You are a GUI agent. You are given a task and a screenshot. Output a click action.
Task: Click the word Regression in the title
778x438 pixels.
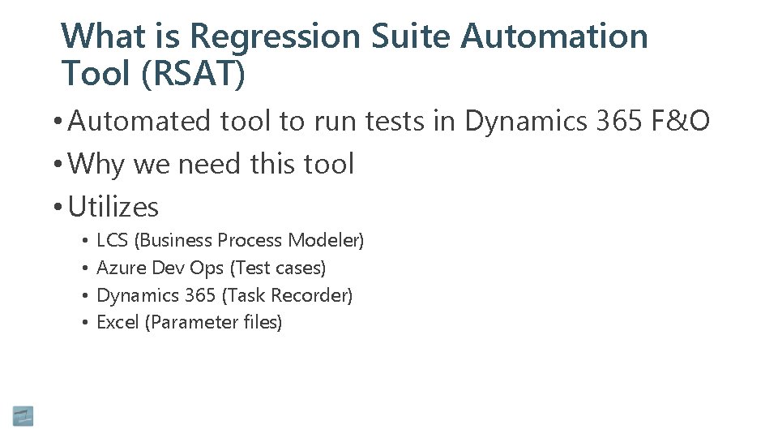[x=275, y=37]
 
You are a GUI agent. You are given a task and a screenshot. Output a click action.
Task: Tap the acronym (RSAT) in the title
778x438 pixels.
[x=192, y=74]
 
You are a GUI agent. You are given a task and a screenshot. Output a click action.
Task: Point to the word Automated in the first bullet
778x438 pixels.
[x=141, y=122]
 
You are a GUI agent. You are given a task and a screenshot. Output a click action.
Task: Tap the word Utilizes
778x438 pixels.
[x=113, y=208]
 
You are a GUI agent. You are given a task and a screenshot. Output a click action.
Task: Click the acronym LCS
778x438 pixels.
[x=112, y=241]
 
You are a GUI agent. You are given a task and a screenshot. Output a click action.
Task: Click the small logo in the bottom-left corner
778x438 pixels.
[x=24, y=416]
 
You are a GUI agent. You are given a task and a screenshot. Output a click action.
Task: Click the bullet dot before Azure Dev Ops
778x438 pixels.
[x=84, y=268]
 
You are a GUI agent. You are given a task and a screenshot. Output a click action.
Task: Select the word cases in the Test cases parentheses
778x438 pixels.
[x=300, y=268]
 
